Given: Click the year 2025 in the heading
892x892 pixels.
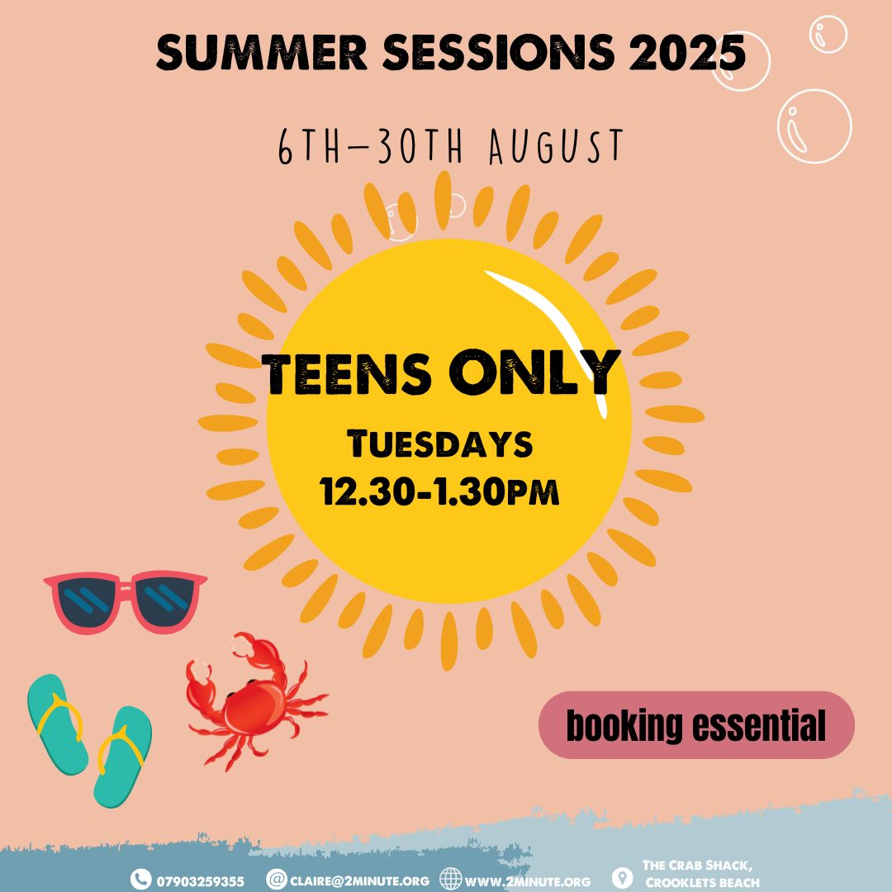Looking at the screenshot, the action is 686,52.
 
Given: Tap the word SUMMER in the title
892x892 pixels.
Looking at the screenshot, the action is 262,52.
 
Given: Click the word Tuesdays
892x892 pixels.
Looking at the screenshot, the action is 439,444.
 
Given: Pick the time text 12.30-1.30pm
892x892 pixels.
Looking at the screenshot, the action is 439,491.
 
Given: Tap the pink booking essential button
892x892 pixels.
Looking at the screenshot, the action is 696,725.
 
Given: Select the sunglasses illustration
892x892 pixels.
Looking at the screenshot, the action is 126,600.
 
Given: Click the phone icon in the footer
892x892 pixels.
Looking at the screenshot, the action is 140,880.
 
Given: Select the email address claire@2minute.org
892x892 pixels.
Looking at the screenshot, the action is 359,881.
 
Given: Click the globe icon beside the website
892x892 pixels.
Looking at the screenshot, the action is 451,880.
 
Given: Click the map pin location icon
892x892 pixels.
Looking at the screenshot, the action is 622,878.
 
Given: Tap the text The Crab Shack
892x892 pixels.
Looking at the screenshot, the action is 697,866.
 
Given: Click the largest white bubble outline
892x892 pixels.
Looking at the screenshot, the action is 814,126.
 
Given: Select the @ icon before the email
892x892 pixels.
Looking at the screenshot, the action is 277,880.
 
